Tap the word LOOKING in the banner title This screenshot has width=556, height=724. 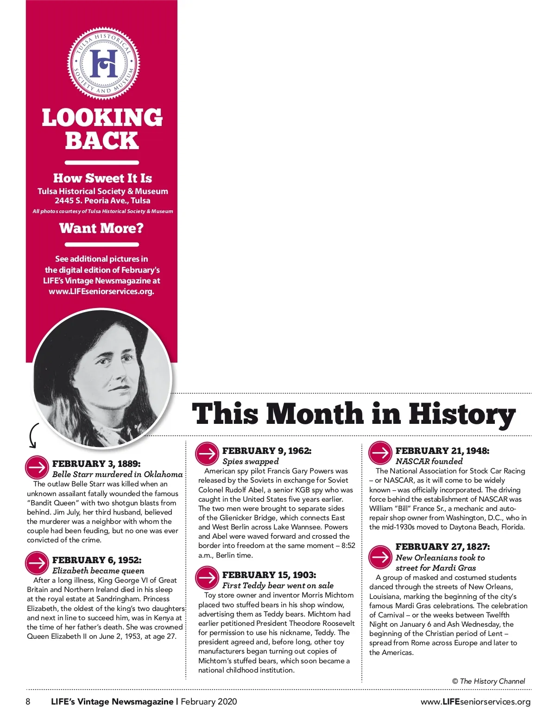[x=102, y=118]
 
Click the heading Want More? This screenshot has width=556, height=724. [x=101, y=228]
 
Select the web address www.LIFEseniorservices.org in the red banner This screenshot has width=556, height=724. [x=101, y=291]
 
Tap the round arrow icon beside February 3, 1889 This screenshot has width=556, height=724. [x=37, y=468]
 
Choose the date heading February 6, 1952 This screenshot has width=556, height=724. [x=97, y=560]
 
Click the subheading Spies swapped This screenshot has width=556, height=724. [x=250, y=461]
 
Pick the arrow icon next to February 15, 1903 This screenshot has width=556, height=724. [x=207, y=578]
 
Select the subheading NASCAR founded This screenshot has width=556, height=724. [x=429, y=461]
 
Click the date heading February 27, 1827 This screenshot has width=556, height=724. [x=442, y=547]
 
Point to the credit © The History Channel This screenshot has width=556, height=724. [x=488, y=681]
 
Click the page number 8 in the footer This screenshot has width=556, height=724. [x=28, y=701]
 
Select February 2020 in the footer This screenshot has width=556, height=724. [x=208, y=701]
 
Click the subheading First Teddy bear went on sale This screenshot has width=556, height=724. [x=278, y=585]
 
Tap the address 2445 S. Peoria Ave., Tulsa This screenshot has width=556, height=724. [x=102, y=201]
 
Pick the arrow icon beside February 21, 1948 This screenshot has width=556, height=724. [x=380, y=453]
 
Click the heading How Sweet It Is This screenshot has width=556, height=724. [x=102, y=178]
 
